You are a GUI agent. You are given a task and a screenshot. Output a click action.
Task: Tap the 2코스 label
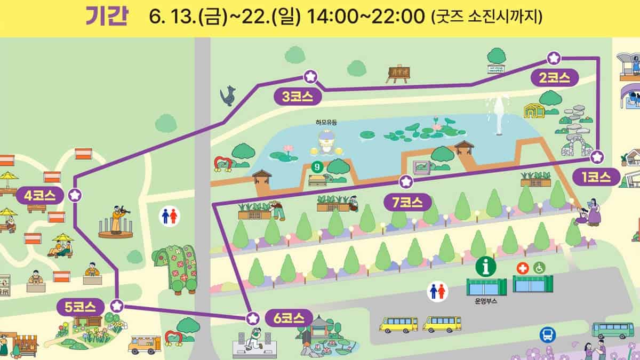coord(555,78)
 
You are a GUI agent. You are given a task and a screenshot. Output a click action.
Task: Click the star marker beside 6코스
coord(253,318)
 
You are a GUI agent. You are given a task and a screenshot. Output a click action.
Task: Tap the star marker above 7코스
coord(406,182)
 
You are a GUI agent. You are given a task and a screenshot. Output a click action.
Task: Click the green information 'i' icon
coord(486,266)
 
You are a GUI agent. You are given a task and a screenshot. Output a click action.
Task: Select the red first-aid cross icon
coord(522,268)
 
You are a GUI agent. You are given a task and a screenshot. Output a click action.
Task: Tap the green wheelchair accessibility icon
coord(539,268)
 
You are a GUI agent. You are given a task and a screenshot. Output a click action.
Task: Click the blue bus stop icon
coord(548,335)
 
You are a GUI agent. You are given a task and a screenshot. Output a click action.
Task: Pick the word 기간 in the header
coord(106,17)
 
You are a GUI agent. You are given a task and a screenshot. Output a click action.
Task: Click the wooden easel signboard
coord(397,74)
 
